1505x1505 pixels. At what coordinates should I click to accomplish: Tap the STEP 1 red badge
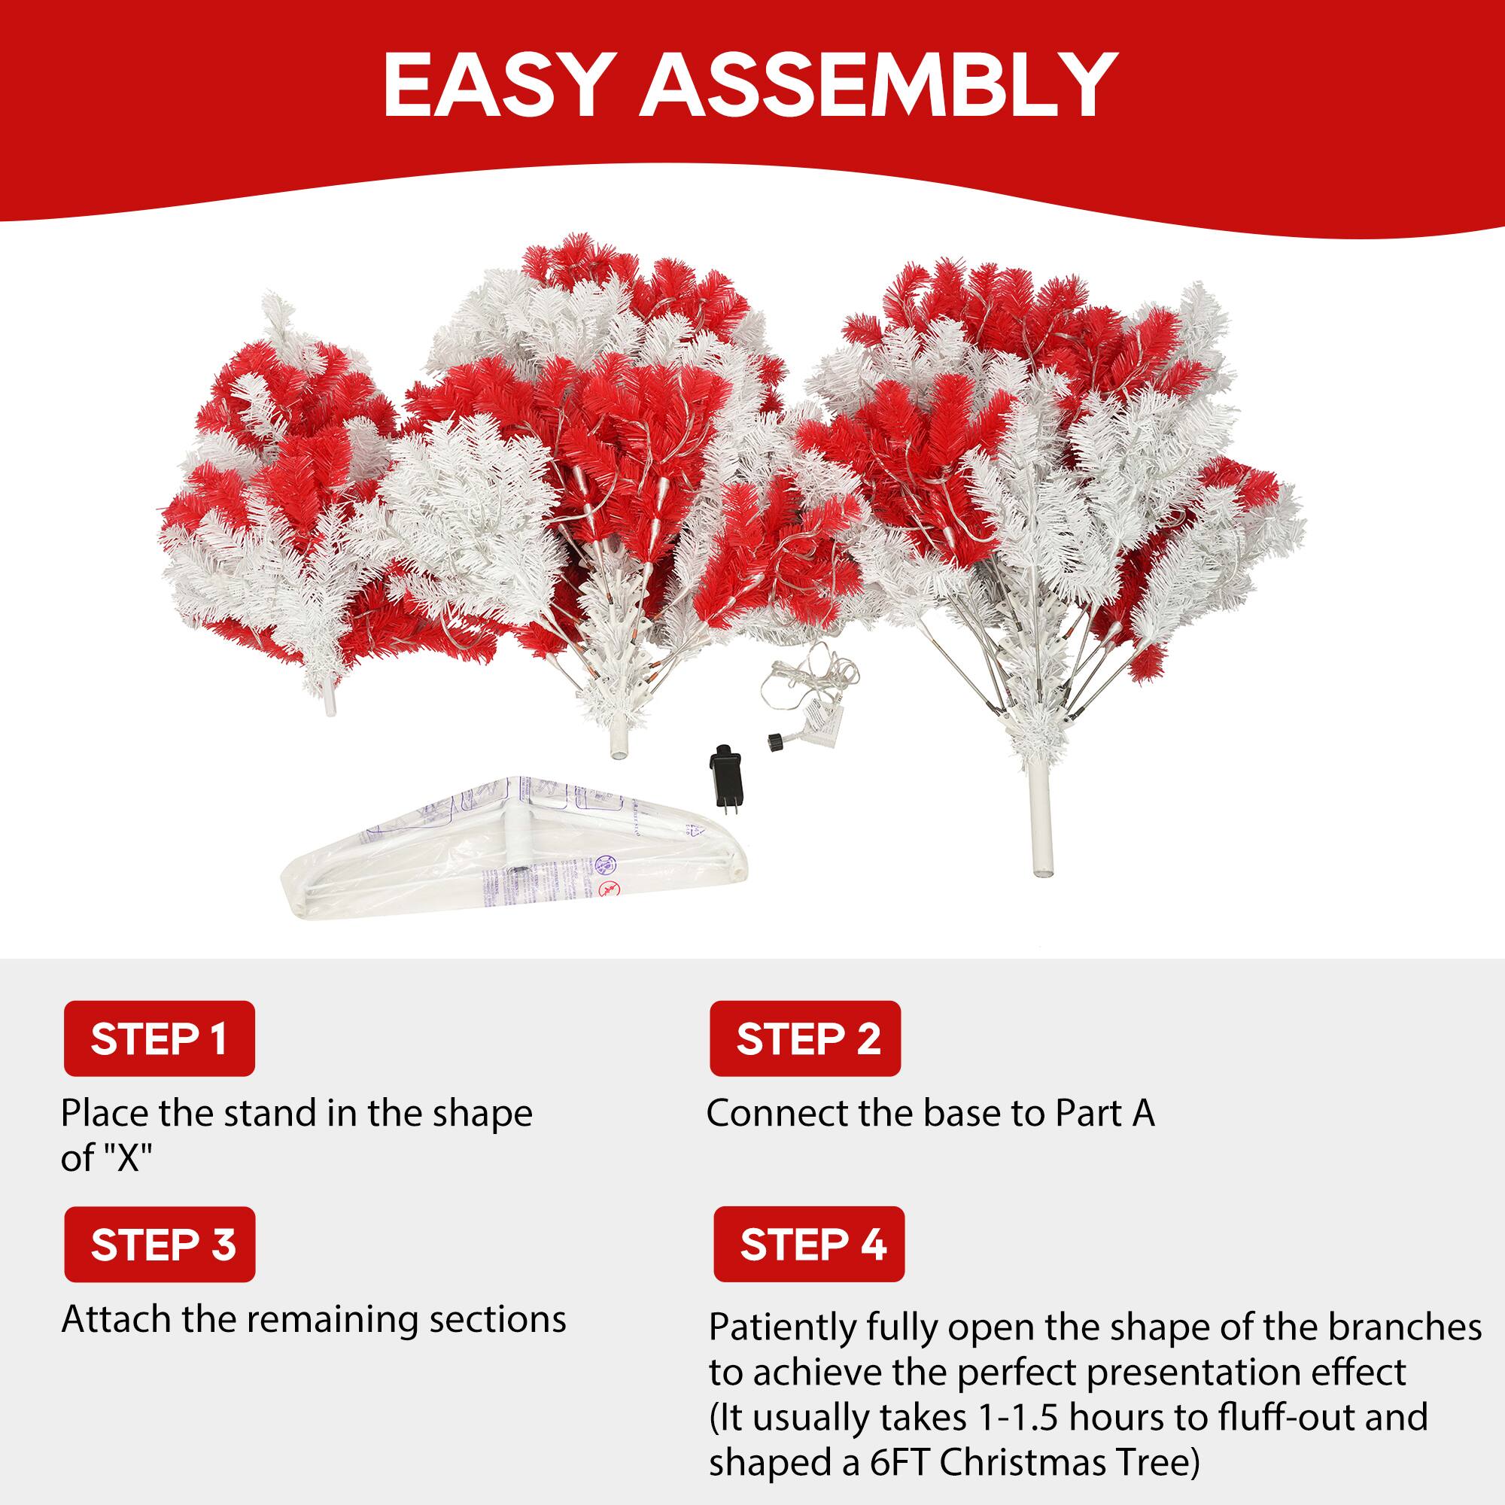[159, 1038]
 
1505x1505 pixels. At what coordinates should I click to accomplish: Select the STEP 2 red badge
[804, 1038]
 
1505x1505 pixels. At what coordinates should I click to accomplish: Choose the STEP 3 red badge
[159, 1244]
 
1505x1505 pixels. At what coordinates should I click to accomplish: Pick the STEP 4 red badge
[809, 1244]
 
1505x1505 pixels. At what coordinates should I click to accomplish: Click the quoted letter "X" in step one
[128, 1158]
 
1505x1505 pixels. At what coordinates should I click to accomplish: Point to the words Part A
[1105, 1114]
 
